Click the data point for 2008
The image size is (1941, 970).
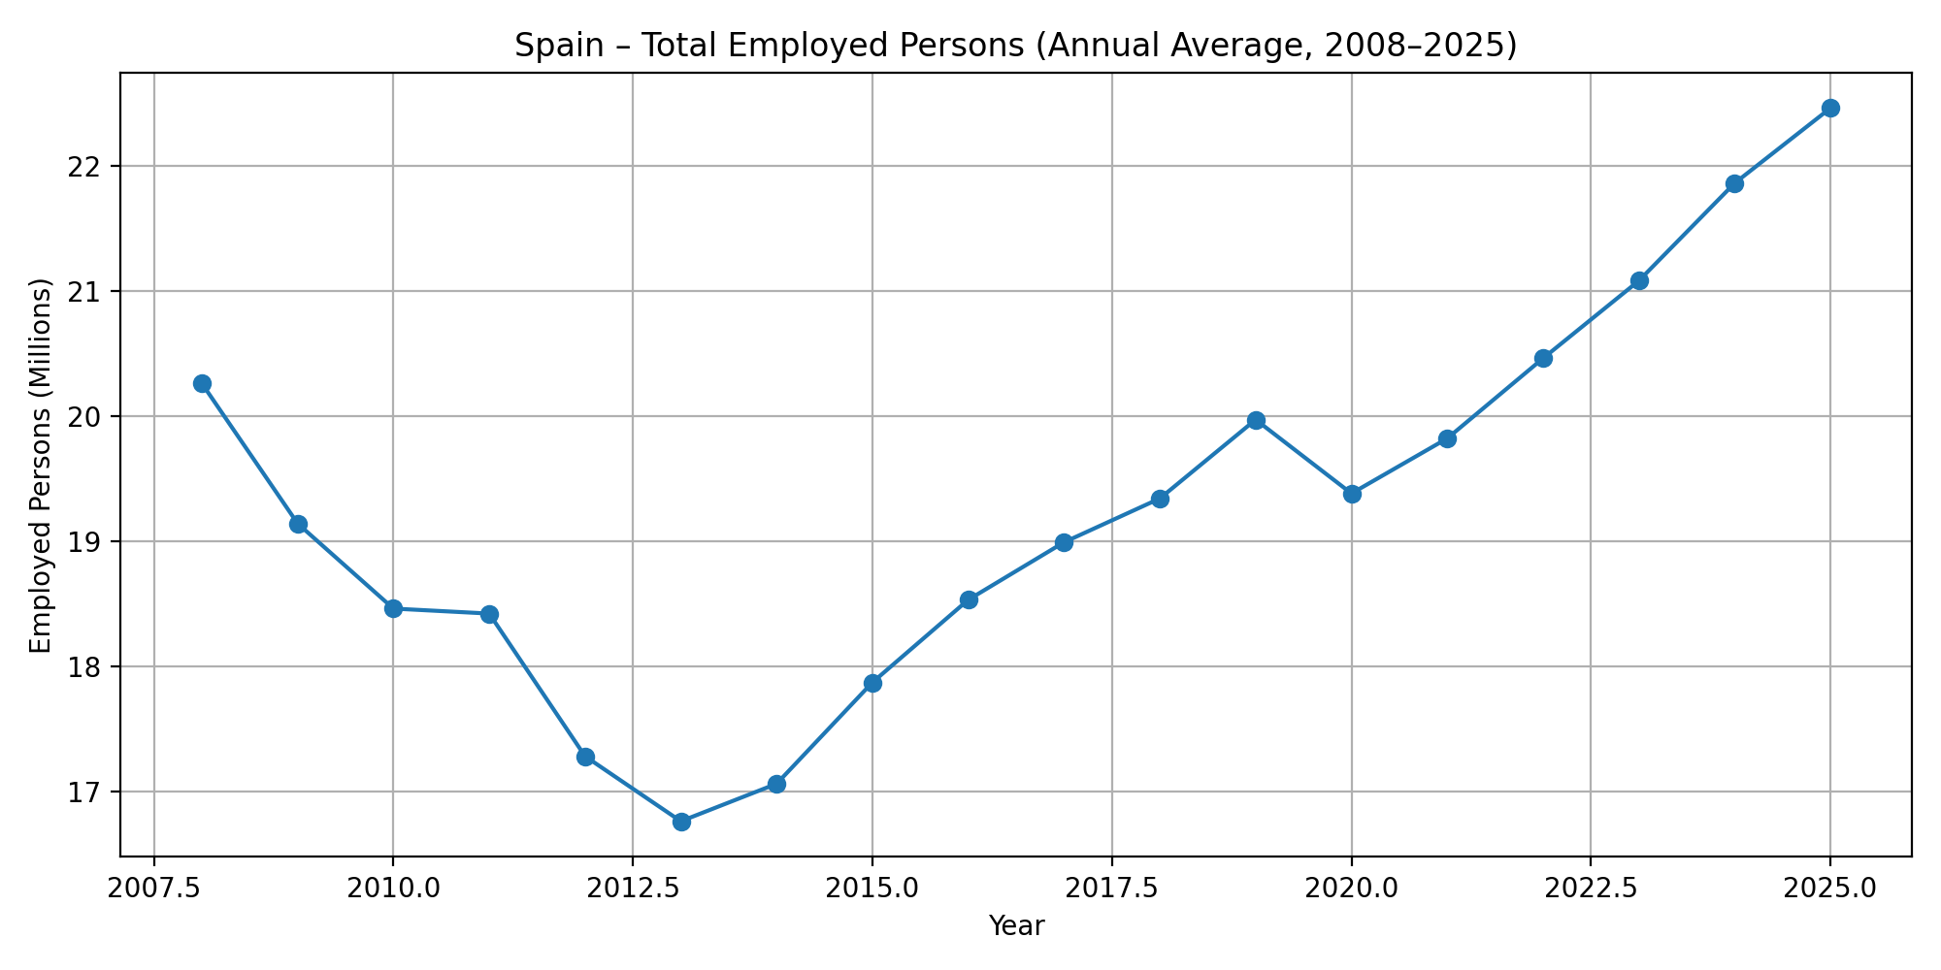[202, 383]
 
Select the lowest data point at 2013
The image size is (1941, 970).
[681, 822]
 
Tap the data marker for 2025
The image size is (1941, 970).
[1830, 108]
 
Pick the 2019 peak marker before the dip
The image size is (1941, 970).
[1256, 420]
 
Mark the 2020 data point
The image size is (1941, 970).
[1352, 494]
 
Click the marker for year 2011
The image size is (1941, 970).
[489, 614]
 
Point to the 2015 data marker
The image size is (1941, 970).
[872, 683]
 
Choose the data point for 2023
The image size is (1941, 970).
[1639, 280]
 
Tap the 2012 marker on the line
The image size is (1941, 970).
[585, 757]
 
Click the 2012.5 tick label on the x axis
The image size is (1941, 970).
[632, 889]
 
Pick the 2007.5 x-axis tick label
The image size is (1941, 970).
[153, 889]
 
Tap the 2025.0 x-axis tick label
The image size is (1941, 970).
[1830, 889]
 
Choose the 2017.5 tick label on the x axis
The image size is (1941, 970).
[1111, 889]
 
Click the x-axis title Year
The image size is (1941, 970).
[1016, 927]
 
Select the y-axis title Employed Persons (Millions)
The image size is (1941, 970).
[40, 466]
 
